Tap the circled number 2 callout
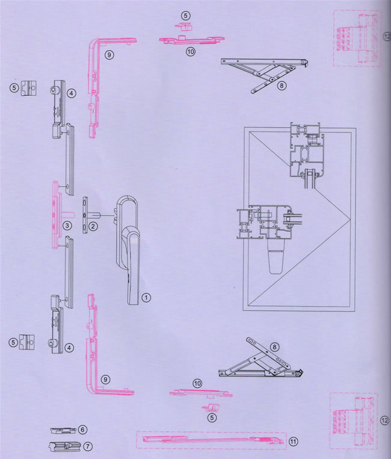(93, 226)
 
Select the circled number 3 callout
(67, 225)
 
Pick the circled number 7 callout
(87, 447)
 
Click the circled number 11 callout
(293, 442)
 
